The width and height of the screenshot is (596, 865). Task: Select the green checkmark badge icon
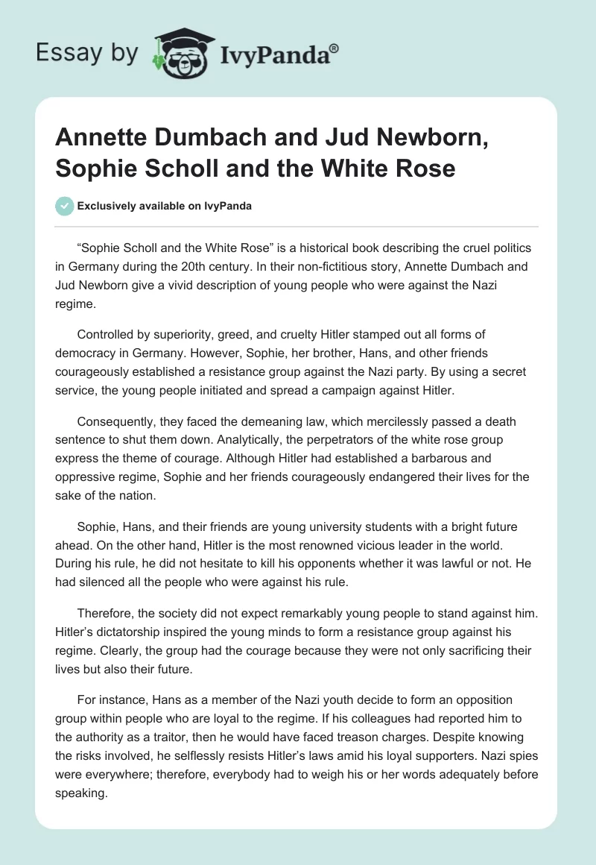(66, 206)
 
